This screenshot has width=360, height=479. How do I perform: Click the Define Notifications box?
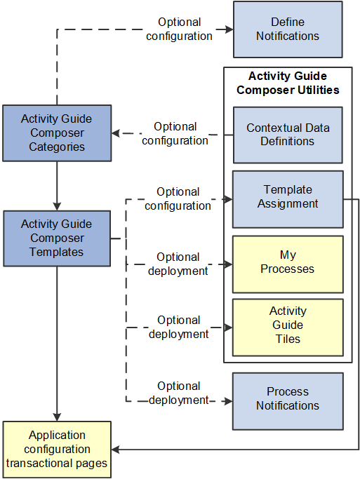click(x=288, y=29)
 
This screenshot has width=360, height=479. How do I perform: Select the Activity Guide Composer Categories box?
click(x=57, y=133)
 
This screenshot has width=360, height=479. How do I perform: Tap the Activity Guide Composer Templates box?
click(x=57, y=238)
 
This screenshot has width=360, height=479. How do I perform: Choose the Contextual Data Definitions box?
click(x=288, y=135)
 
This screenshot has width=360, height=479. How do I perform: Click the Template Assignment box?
click(x=288, y=197)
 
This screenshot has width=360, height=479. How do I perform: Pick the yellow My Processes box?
click(x=288, y=263)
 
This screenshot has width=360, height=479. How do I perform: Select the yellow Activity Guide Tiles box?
click(x=288, y=325)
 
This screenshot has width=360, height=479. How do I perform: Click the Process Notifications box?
click(x=288, y=399)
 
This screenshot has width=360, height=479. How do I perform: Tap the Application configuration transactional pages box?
click(x=57, y=449)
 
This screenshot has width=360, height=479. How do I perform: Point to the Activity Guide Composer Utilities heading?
click(x=288, y=83)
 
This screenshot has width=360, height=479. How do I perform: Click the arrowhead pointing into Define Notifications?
click(x=228, y=29)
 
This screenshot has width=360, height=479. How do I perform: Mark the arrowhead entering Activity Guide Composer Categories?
click(x=116, y=133)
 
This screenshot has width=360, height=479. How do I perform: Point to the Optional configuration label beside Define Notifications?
click(x=179, y=29)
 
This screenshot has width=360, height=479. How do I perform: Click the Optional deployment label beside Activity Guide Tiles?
click(x=179, y=327)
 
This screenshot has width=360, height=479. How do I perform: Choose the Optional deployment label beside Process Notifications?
click(x=179, y=393)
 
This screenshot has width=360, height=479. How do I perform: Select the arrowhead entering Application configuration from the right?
click(x=116, y=449)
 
